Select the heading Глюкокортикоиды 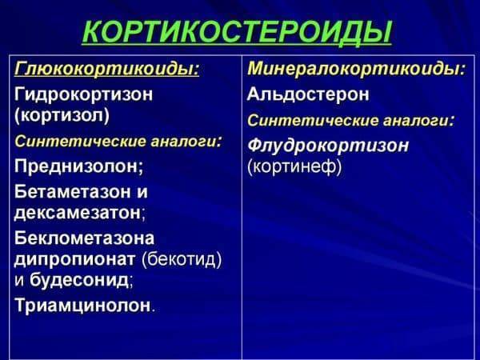tap(106, 70)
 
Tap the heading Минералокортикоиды tap(356, 70)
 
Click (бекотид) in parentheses tap(182, 259)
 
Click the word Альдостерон tap(309, 94)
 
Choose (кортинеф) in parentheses tap(295, 167)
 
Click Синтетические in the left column tap(69, 142)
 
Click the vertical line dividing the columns tap(242, 208)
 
